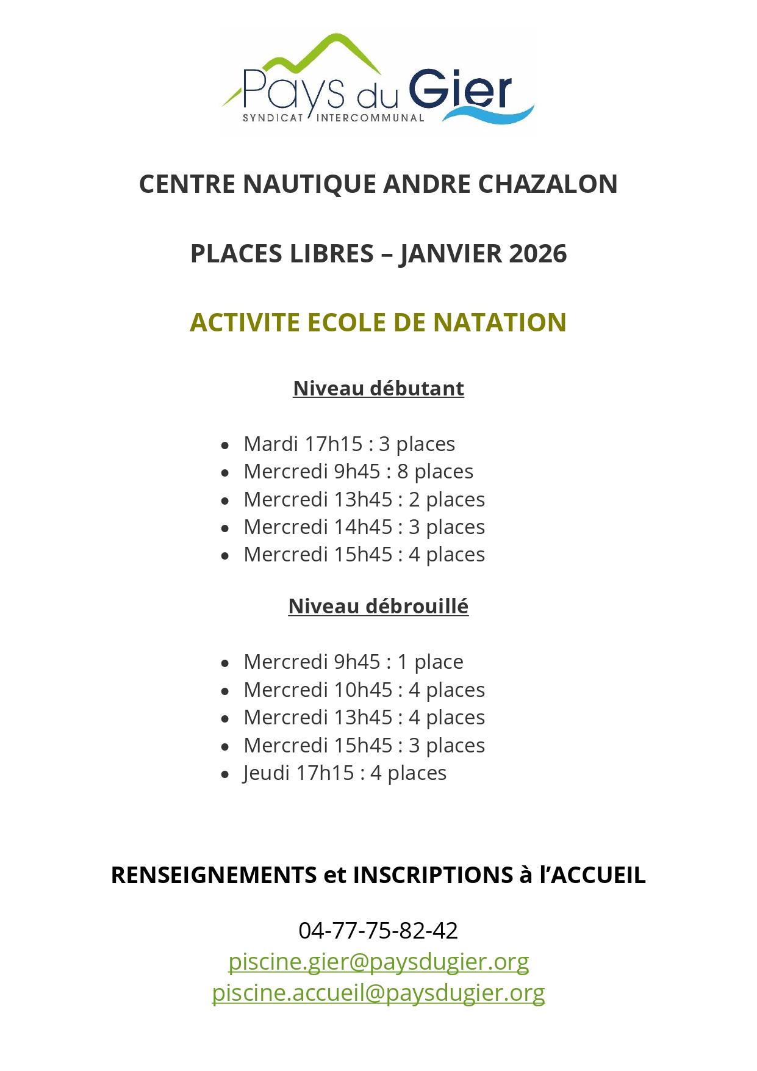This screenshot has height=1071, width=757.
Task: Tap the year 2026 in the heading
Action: [537, 253]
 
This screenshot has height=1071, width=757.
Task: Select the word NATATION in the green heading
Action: [500, 322]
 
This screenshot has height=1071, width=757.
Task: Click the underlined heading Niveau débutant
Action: [378, 388]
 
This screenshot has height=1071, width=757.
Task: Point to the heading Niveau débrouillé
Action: [378, 606]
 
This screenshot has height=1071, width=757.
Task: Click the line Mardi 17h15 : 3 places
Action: [349, 444]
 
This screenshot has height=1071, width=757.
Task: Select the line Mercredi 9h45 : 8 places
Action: [358, 471]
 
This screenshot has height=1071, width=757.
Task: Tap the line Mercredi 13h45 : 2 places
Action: [364, 499]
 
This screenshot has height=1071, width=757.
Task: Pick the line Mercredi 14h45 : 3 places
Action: [364, 527]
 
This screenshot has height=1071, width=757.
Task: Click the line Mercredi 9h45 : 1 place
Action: [353, 662]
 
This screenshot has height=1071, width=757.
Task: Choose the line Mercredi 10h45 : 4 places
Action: [364, 690]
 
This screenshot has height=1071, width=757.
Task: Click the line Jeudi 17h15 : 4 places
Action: [345, 773]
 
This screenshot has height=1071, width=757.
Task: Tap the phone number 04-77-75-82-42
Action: [378, 930]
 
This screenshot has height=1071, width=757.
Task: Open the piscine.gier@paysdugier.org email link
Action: [378, 961]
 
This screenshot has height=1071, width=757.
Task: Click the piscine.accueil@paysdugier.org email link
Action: [378, 992]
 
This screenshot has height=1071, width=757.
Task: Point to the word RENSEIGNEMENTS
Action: [213, 875]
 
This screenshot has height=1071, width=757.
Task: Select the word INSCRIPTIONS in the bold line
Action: [432, 875]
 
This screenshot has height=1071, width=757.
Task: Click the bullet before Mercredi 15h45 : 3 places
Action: [226, 746]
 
